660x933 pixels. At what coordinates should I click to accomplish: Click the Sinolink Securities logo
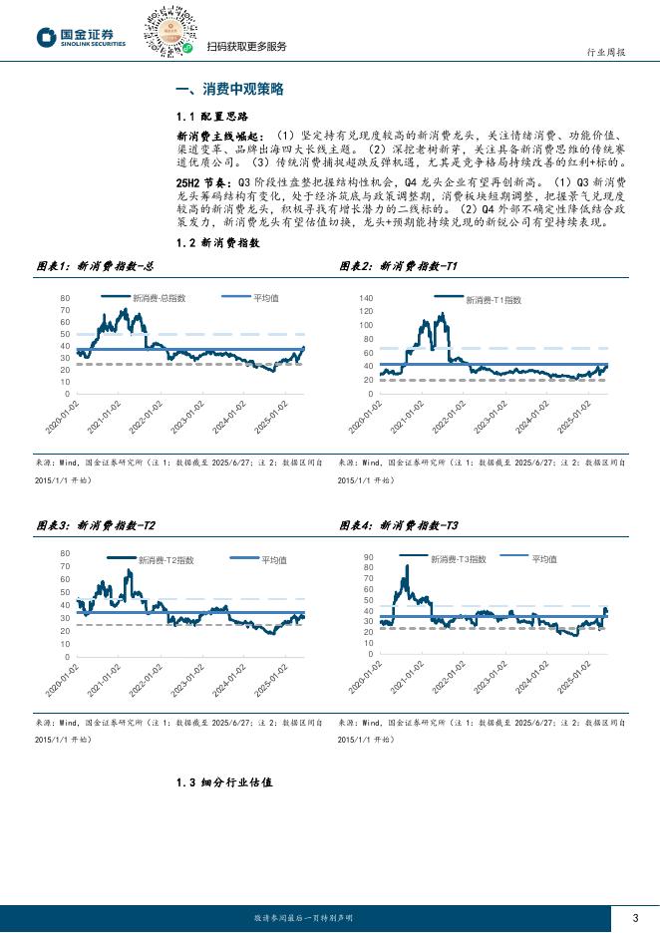coord(82,38)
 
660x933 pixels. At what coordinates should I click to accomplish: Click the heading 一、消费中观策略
coord(229,90)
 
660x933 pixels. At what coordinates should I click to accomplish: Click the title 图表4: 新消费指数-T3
coord(399,525)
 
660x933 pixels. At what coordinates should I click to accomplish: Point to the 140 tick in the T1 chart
coord(365,298)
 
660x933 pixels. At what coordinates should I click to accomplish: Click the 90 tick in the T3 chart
coord(368,557)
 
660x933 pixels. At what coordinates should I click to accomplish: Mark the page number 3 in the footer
coord(635,917)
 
